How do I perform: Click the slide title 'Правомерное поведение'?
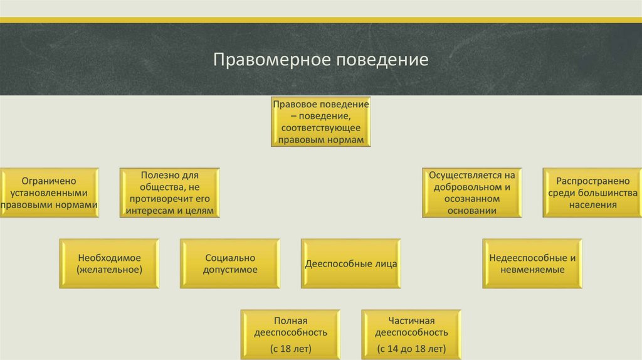(320, 60)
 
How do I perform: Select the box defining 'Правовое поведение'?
(320, 122)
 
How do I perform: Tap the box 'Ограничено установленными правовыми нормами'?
(50, 193)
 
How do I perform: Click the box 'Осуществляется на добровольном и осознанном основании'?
(473, 193)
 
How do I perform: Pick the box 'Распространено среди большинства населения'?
(593, 193)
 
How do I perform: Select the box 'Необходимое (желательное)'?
(110, 263)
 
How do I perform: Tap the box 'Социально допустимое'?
(230, 263)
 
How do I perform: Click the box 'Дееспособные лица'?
(351, 263)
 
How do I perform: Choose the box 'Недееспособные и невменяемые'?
(532, 263)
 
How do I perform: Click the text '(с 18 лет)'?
(291, 348)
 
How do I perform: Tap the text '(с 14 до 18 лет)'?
(412, 348)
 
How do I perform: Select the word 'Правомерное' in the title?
(273, 60)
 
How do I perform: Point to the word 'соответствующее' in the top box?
(321, 127)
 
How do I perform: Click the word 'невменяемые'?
(532, 270)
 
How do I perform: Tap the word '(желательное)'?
(110, 270)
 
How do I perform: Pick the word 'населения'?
(593, 204)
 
